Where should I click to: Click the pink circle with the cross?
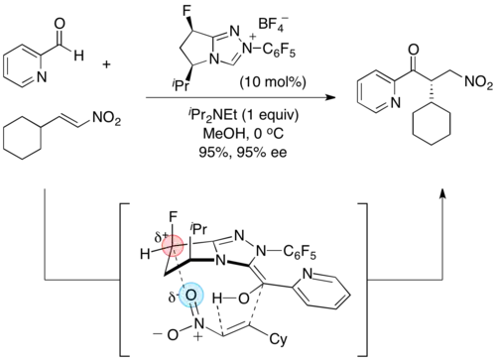tap(173, 246)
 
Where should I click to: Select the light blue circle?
tap(190, 295)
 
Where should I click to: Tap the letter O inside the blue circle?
tap(190, 295)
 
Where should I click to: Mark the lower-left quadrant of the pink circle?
tap(167, 252)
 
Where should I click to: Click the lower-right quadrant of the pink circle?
tap(178, 251)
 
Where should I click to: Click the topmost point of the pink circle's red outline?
tap(173, 234)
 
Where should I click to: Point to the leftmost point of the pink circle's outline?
tap(161, 246)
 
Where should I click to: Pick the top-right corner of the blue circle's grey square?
tap(205, 279)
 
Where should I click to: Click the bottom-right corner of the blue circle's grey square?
tap(205, 308)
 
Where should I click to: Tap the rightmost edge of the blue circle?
tap(203, 295)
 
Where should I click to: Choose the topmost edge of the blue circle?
tap(190, 282)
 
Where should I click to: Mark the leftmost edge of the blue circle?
tap(178, 295)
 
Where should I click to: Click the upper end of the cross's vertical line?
tap(175, 233)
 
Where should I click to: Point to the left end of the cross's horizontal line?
tap(160, 248)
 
